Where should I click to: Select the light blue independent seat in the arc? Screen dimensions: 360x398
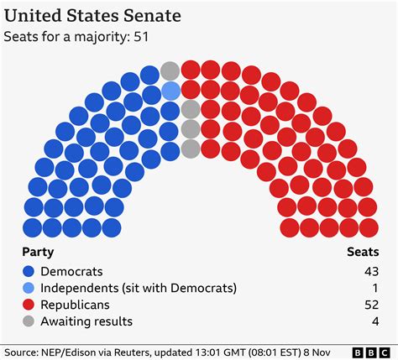[170, 91]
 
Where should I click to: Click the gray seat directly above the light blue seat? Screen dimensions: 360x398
[170, 70]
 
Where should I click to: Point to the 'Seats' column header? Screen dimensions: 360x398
[362, 252]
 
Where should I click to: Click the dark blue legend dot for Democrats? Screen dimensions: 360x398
[29, 271]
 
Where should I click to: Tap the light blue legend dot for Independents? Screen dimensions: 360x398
[29, 288]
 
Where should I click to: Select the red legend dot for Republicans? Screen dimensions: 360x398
[29, 305]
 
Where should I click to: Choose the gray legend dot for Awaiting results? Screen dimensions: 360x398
[29, 321]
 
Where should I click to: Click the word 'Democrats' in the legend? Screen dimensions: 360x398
[72, 271]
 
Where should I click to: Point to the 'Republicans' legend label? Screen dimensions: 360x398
[77, 305]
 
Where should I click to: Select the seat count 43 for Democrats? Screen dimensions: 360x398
[369, 271]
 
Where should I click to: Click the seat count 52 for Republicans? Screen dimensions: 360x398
[369, 305]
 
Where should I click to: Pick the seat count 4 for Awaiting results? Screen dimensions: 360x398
[373, 321]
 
